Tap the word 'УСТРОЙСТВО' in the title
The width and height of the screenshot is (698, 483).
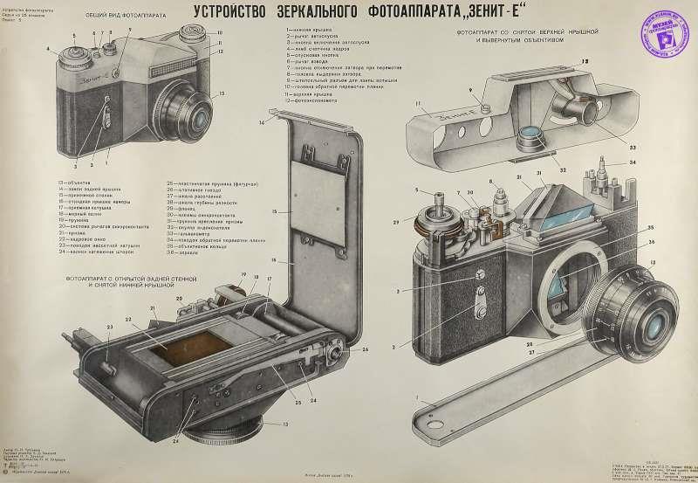coord(223,17)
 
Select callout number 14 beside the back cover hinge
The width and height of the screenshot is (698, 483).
coord(262,123)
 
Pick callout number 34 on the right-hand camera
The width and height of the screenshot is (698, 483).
coord(633,162)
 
